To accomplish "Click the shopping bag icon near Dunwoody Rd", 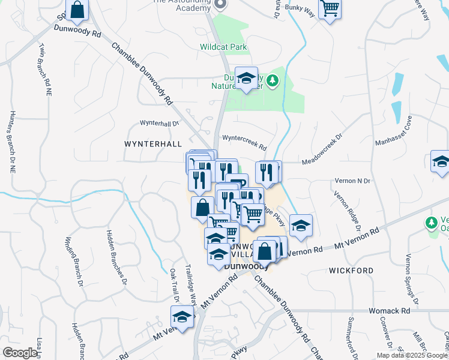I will (x=77, y=10).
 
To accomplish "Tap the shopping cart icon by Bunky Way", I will (x=330, y=9).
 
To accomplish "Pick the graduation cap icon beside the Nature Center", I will (x=246, y=78).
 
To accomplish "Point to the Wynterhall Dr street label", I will (x=159, y=123).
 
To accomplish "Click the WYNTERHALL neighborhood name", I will (x=152, y=145).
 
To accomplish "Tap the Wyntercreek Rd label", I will (x=244, y=138).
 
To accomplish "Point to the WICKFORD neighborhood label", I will (x=348, y=271).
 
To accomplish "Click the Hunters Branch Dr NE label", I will (x=12, y=142).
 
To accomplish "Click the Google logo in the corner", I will (x=20, y=353).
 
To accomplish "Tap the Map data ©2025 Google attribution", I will (x=411, y=355).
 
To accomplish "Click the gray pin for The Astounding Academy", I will (x=220, y=4).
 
